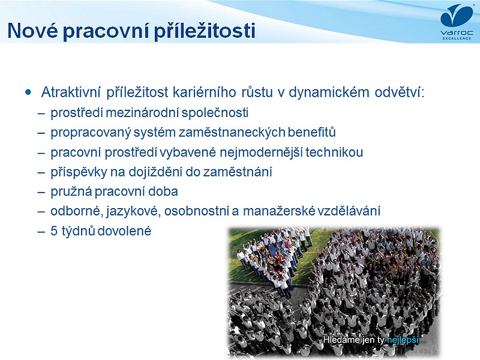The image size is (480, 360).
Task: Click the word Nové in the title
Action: tap(32, 31)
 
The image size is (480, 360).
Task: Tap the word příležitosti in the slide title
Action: tap(205, 31)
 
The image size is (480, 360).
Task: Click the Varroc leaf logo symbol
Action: tap(457, 16)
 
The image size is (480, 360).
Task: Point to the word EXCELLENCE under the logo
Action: tap(457, 38)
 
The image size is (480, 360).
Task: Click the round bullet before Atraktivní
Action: tap(28, 92)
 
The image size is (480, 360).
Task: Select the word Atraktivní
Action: tap(71, 92)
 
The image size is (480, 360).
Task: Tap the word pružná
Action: tap(71, 191)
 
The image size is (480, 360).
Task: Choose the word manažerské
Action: tap(279, 211)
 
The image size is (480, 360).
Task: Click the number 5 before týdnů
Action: tap(54, 231)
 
